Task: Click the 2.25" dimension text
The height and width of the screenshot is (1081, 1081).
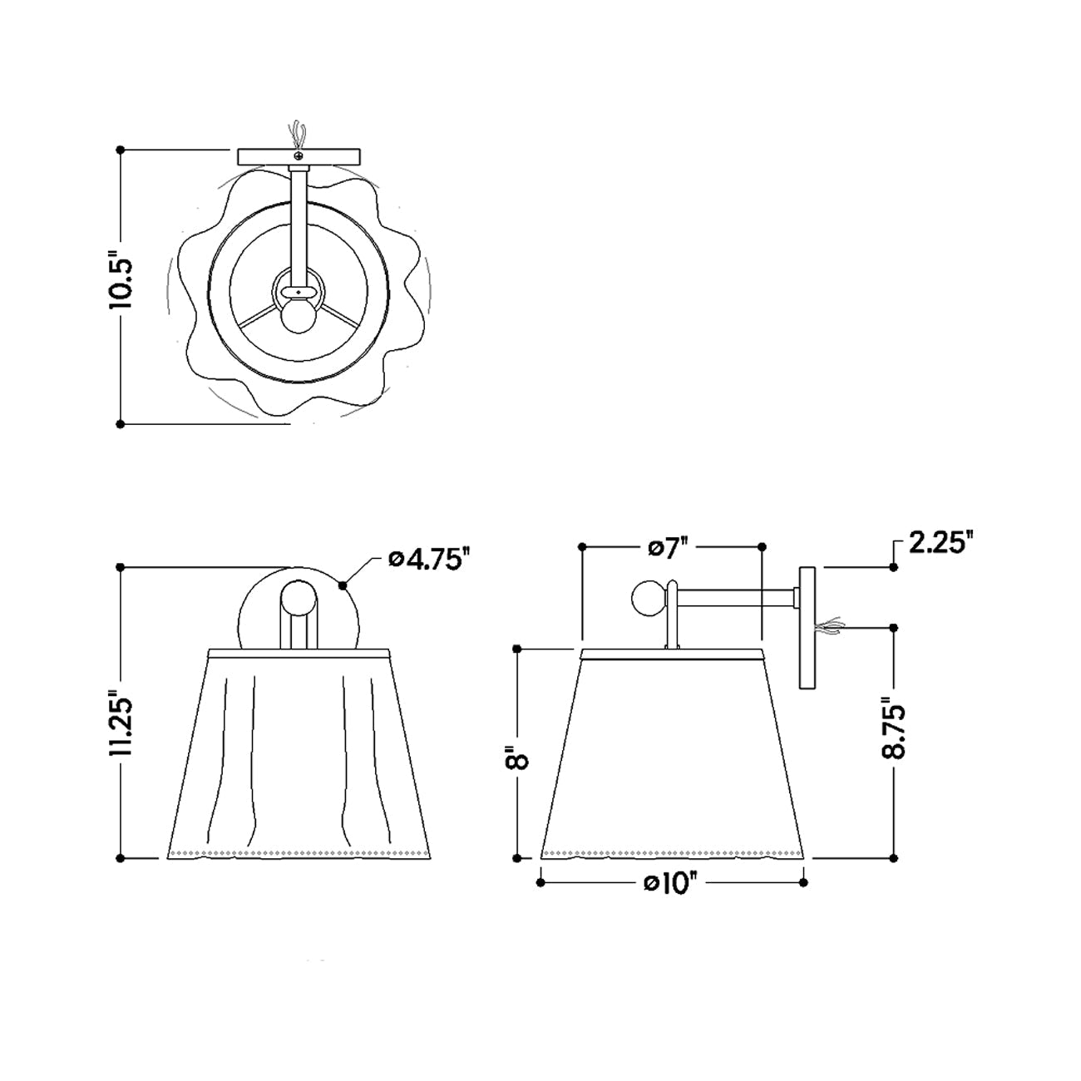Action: [940, 544]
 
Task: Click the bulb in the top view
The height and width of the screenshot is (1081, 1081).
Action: [297, 315]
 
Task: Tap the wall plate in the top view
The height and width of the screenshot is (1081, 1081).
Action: [299, 157]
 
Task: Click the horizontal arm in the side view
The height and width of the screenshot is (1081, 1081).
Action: [736, 597]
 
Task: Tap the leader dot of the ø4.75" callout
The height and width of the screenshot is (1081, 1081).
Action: [343, 585]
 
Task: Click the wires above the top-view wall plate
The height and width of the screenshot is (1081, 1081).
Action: [298, 135]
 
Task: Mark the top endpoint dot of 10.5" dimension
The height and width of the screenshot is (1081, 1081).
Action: [121, 150]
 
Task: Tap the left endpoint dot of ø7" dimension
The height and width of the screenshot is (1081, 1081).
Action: [582, 546]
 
